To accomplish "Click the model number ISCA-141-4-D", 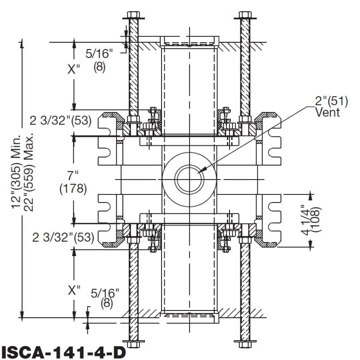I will point(63,351).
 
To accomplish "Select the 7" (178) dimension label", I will point(73,181).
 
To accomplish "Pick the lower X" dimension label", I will point(73,290).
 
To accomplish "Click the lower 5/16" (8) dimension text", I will point(105,297).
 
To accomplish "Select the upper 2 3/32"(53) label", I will point(61,121).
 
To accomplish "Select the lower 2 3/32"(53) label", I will point(63,238).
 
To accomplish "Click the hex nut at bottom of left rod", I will point(134,345).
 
